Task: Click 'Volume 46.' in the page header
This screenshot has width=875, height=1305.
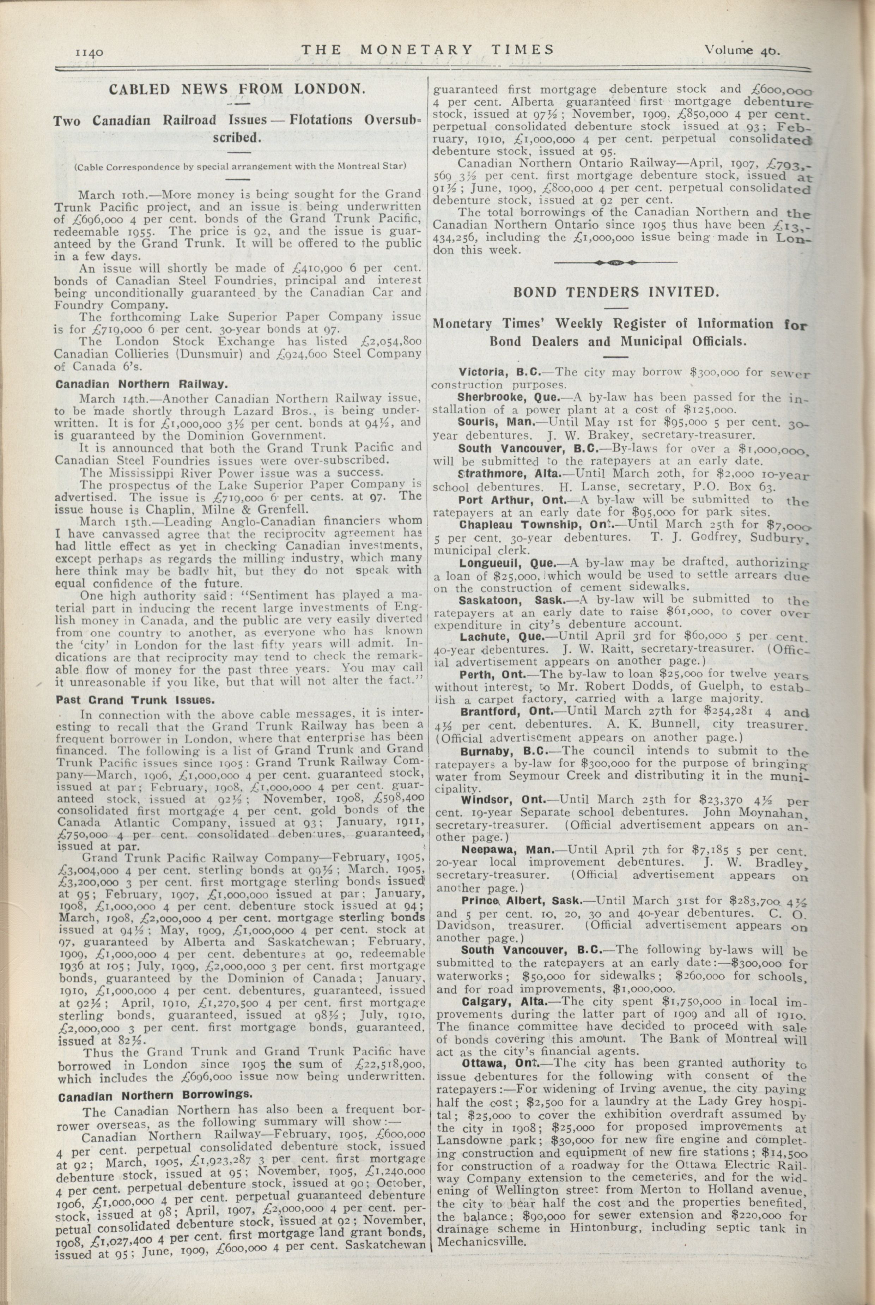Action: point(742,50)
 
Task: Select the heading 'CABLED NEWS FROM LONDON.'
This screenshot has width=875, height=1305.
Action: point(237,89)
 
